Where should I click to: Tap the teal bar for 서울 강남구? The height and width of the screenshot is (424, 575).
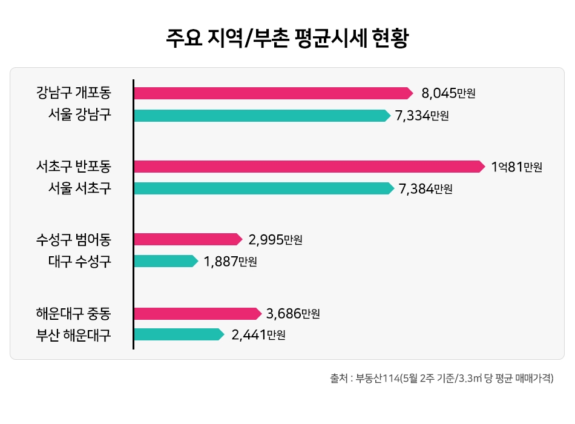point(261,115)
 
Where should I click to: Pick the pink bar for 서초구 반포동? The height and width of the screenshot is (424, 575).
point(309,167)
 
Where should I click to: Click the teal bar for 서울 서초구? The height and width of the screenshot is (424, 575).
point(263,188)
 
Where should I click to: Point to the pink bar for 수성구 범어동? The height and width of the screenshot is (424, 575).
point(187,239)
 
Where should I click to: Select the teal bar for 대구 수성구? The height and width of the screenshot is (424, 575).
point(165,261)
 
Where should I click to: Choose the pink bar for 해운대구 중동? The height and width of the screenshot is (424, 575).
point(197,313)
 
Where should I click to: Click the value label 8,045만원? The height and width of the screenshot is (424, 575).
point(448,93)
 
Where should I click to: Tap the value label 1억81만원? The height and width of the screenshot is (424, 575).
point(516,167)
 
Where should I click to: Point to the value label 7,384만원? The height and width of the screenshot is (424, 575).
point(425,189)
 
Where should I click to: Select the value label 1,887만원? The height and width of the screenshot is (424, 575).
point(230,262)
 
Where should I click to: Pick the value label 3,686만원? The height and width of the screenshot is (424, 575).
point(292,314)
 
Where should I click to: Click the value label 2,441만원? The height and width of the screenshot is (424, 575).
point(258,335)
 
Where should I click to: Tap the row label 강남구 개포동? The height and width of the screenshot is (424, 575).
point(73,93)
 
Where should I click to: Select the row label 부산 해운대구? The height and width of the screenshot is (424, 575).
point(73,335)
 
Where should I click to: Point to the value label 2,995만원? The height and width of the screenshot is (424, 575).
point(275,240)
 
